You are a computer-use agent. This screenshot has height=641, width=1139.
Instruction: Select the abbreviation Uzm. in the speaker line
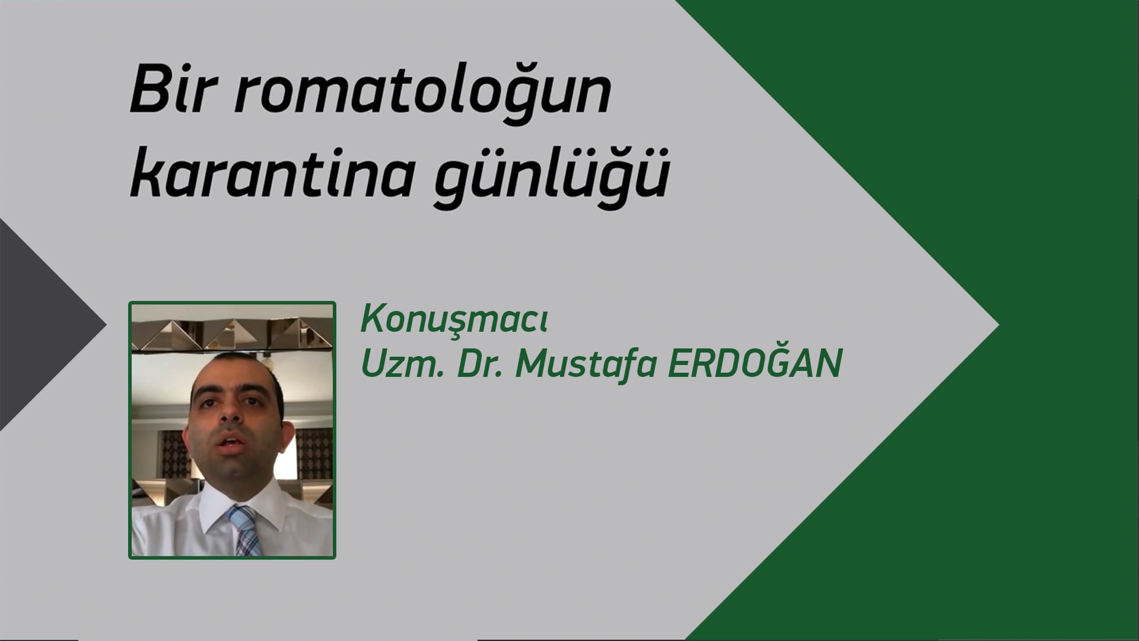point(400,364)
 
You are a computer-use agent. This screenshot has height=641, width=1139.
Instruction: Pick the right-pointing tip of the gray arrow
point(999,325)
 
